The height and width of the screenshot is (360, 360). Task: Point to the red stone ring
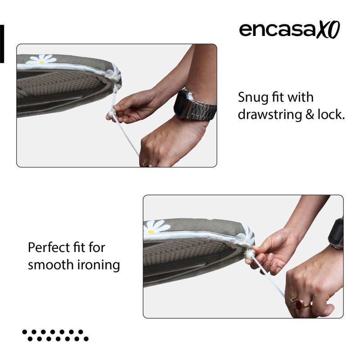[298, 305]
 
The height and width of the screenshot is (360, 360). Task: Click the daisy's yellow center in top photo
[41, 62]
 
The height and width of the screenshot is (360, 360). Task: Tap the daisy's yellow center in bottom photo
[151, 231]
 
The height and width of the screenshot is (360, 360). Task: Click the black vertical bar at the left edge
[2, 44]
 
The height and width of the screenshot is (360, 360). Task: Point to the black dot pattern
[55, 335]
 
